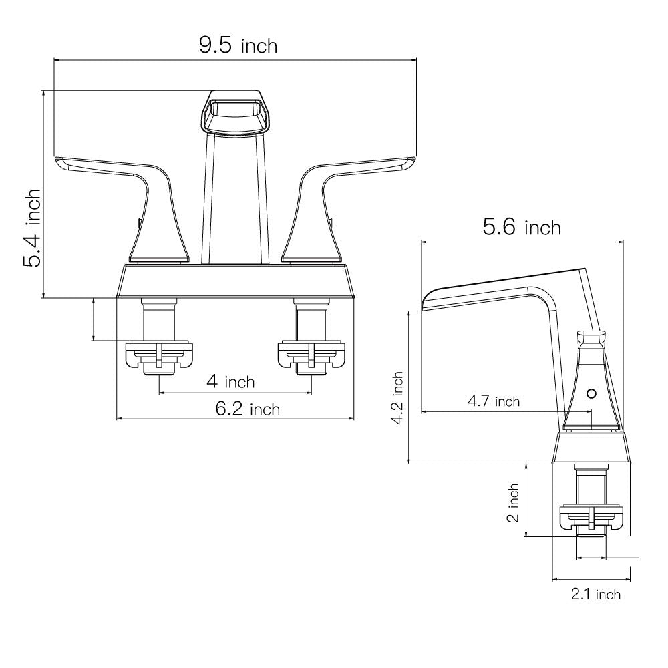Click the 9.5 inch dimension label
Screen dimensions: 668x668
(x=237, y=45)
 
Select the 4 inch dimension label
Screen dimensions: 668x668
(x=230, y=382)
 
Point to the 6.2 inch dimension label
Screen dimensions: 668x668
(x=247, y=409)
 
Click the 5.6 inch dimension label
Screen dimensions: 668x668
(x=522, y=228)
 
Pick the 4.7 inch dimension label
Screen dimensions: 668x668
(x=493, y=401)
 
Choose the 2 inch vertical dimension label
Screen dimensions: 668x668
(x=513, y=502)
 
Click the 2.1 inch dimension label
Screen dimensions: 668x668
(x=595, y=594)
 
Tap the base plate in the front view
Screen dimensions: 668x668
(x=235, y=281)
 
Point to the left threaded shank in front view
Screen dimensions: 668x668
(x=159, y=319)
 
